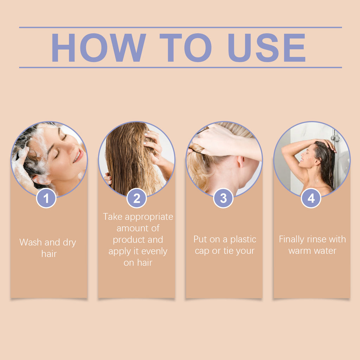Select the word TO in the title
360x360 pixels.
185,48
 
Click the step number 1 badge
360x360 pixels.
46,198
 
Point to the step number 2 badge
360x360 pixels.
136,198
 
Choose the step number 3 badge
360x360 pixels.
223,198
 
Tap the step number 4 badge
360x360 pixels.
311,198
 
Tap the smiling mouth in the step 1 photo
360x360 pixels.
78,155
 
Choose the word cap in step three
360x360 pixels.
202,251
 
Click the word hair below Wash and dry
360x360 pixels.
49,254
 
